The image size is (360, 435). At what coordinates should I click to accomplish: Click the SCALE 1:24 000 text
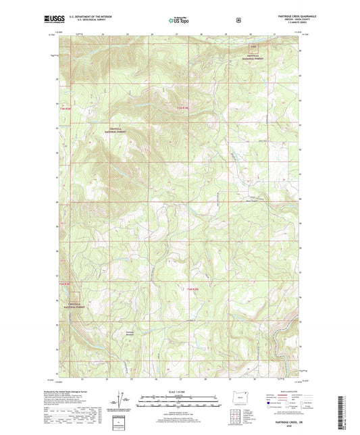pos(180,391)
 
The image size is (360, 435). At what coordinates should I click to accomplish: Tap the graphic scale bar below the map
pos(180,399)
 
